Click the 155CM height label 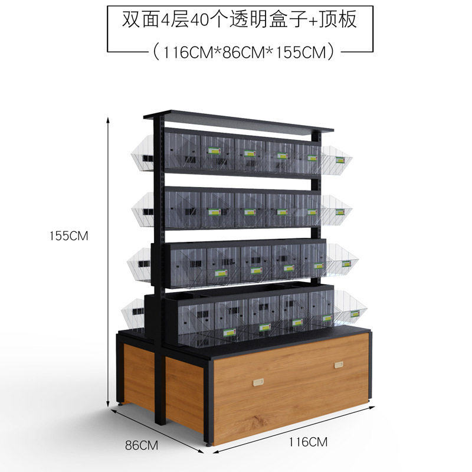pos(69,236)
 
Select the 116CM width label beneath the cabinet pos(309,441)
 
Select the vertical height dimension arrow pos(108,260)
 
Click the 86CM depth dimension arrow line pos(157,431)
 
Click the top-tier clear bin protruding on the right pos(336,156)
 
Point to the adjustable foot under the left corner pos(122,405)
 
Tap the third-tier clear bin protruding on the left pos(140,259)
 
